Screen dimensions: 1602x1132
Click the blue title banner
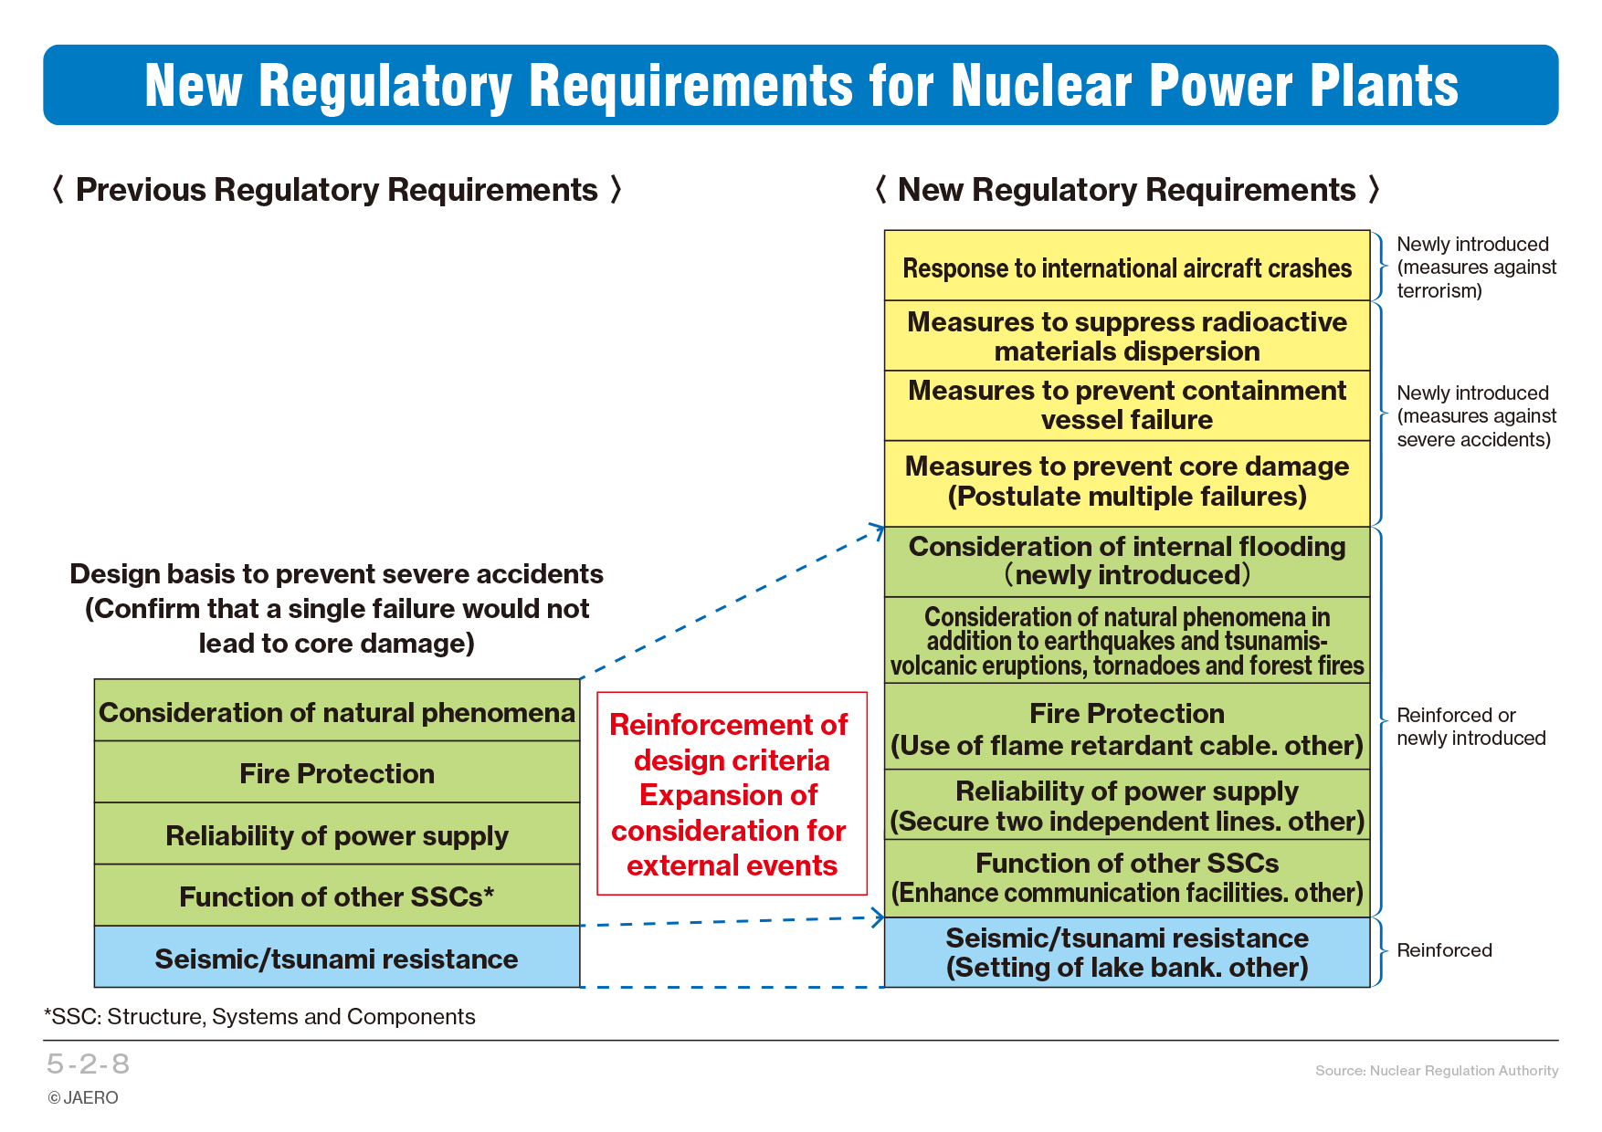pyautogui.click(x=800, y=85)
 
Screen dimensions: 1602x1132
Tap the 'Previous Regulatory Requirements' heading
pyautogui.click(x=337, y=190)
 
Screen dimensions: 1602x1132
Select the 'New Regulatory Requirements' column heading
pyautogui.click(x=1127, y=190)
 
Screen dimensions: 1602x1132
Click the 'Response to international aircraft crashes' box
pyautogui.click(x=1127, y=266)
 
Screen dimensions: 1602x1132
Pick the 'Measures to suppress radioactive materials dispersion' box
pyautogui.click(x=1127, y=336)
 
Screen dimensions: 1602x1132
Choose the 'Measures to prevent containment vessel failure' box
pyautogui.click(x=1127, y=405)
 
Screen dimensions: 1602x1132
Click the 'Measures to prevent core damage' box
pyautogui.click(x=1127, y=483)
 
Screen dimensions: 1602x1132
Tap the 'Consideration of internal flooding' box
pyautogui.click(x=1127, y=561)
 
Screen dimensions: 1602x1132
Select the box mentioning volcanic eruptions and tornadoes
pyautogui.click(x=1127, y=640)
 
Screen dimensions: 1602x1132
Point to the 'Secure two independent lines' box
pyautogui.click(x=1127, y=804)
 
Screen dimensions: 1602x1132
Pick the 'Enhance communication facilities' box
pyautogui.click(x=1127, y=878)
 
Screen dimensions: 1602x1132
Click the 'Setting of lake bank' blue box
pyautogui.click(x=1127, y=952)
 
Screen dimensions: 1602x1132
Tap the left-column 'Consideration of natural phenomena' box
pyautogui.click(x=337, y=710)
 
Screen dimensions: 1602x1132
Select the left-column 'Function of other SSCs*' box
pyautogui.click(x=337, y=896)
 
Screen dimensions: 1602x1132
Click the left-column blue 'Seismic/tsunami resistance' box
pyautogui.click(x=337, y=957)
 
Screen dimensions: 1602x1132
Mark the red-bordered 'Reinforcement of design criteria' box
pyautogui.click(x=732, y=793)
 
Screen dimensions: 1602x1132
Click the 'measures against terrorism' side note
pyautogui.click(x=1476, y=267)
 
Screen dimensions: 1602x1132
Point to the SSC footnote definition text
pyautogui.click(x=259, y=1017)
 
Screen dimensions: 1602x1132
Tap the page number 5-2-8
pyautogui.click(x=88, y=1064)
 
